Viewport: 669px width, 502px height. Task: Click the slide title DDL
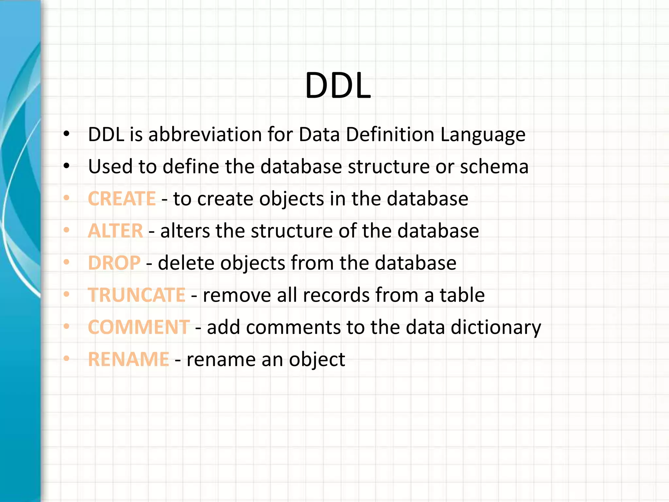338,86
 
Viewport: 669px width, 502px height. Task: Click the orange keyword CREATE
122,199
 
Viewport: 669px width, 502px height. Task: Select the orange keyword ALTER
115,231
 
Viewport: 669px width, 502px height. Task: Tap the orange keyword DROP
114,263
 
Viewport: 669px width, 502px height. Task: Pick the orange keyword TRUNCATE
137,295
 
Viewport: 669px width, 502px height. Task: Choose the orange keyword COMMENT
139,327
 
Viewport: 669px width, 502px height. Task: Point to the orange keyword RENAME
128,359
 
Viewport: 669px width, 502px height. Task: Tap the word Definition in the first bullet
390,134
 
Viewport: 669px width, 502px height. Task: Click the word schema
494,166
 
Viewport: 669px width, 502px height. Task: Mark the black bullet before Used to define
67,166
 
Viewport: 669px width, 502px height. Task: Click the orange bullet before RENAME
67,359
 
